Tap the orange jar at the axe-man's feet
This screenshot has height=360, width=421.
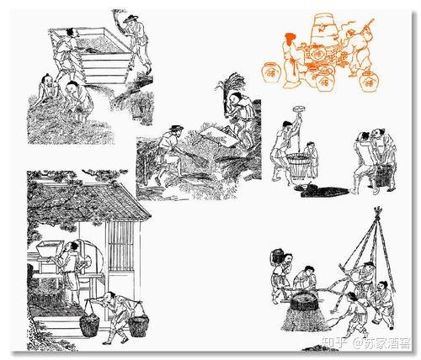click(x=369, y=81)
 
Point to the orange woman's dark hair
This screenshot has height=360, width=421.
click(x=290, y=39)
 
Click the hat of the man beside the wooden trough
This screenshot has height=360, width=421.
click(x=131, y=19)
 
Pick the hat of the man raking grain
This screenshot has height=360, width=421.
click(x=176, y=128)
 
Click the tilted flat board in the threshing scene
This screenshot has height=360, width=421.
click(x=220, y=137)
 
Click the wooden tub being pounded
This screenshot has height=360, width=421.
click(x=297, y=165)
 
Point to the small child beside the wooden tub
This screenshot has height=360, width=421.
click(x=312, y=160)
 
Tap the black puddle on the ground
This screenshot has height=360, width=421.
click(x=322, y=191)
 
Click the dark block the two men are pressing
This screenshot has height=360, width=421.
click(x=383, y=176)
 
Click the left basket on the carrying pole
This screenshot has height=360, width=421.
click(x=89, y=325)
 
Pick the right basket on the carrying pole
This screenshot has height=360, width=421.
click(x=139, y=325)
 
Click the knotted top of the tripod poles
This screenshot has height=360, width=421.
click(x=378, y=211)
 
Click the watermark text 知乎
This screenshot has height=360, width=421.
click(x=333, y=342)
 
